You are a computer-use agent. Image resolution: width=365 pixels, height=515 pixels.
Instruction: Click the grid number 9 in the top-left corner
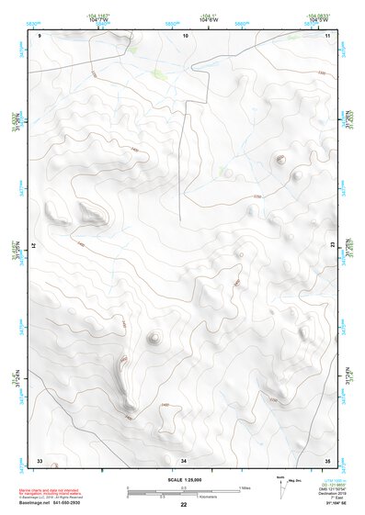point(40,35)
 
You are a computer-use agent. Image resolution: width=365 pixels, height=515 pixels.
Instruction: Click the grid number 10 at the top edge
point(185,35)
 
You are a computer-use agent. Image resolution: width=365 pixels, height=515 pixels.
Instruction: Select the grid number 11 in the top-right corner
point(326,35)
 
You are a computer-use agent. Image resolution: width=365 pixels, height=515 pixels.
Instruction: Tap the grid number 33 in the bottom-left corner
point(40,459)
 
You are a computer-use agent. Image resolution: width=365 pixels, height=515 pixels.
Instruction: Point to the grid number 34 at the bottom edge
point(184,459)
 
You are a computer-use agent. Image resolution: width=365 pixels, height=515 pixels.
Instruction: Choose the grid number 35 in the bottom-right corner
point(326,459)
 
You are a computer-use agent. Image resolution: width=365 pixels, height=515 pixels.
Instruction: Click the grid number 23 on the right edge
point(333,246)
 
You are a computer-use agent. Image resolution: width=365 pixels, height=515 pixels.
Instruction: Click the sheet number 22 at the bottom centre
point(184,505)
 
